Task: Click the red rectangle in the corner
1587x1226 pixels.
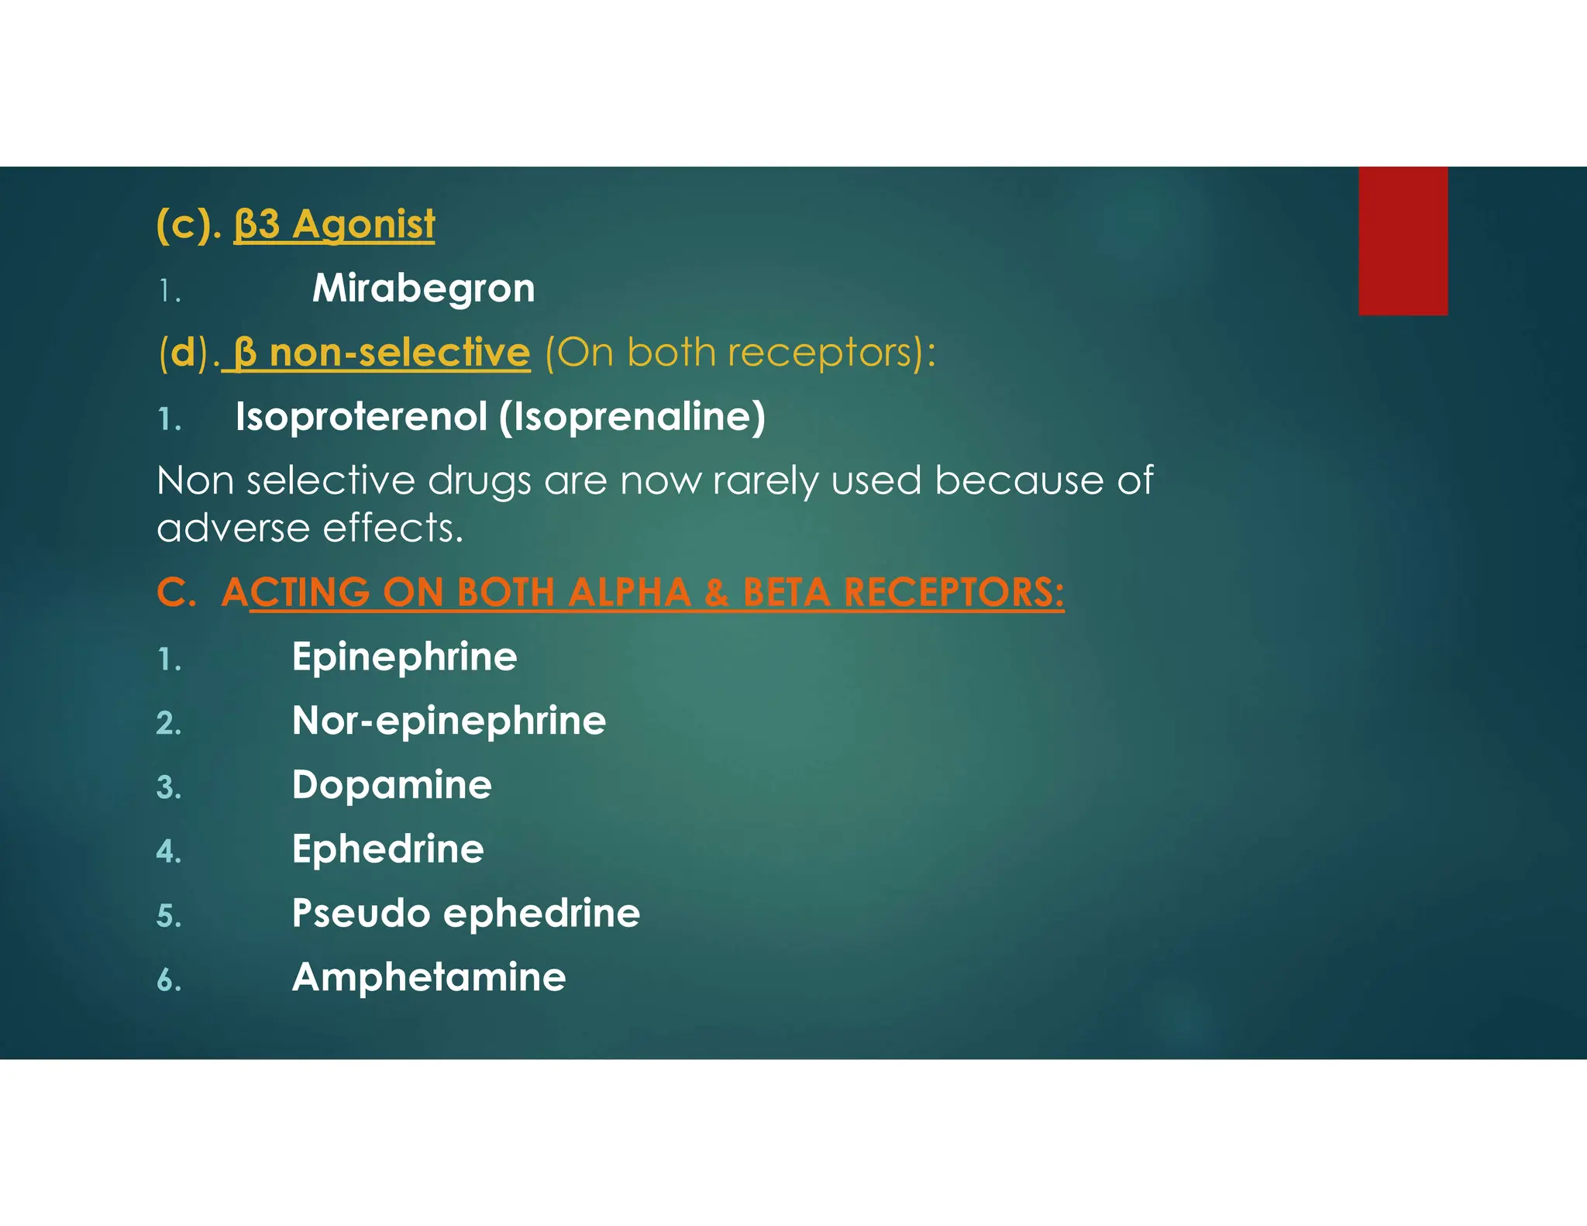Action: click(1403, 240)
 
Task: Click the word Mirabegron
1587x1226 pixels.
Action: click(423, 288)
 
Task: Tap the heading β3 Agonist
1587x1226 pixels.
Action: click(334, 225)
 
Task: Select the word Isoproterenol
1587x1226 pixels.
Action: click(361, 417)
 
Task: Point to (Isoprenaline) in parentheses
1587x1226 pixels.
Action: click(632, 417)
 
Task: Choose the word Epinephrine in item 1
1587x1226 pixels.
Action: click(404, 657)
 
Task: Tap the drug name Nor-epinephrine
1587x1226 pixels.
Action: click(449, 721)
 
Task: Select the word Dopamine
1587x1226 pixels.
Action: click(391, 785)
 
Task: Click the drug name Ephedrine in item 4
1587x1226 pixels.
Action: click(387, 849)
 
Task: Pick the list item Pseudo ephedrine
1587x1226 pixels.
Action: click(466, 914)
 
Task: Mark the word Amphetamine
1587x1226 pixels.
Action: click(429, 977)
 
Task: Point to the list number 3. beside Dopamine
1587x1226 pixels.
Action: click(168, 788)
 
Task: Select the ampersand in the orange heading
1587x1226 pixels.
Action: click(717, 593)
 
